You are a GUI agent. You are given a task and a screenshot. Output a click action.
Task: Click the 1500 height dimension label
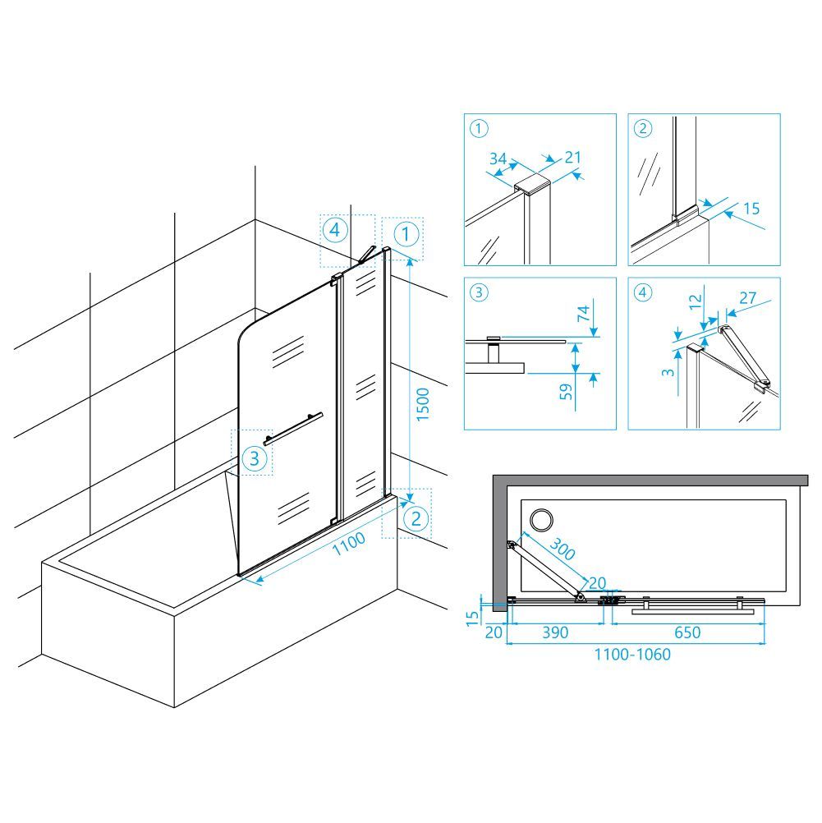click(423, 404)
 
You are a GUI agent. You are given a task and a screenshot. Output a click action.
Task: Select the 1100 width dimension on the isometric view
click(349, 543)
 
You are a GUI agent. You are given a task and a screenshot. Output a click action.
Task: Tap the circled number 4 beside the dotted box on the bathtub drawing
click(335, 230)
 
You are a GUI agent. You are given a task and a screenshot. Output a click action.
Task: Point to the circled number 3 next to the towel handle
click(254, 458)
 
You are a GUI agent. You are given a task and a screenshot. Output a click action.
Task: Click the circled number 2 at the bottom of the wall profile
click(416, 518)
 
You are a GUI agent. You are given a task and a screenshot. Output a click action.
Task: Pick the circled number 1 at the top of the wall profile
click(406, 235)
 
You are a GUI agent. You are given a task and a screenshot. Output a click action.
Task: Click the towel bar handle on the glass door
click(293, 430)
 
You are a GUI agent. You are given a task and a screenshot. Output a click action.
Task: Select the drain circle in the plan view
click(540, 520)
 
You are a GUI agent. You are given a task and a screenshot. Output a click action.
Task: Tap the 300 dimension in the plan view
click(563, 549)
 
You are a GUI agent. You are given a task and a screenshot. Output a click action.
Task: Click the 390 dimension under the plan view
click(555, 632)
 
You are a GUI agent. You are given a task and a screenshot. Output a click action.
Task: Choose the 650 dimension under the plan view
click(687, 632)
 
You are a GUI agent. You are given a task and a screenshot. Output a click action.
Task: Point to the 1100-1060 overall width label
click(632, 655)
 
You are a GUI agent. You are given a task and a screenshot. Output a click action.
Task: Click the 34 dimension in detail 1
click(498, 158)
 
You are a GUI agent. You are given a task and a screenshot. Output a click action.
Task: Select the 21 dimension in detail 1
click(572, 157)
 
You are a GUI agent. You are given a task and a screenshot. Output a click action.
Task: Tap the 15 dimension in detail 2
click(751, 209)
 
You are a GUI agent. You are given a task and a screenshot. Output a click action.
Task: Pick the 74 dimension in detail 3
click(584, 314)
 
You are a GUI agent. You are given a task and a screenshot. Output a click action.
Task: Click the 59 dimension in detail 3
click(566, 392)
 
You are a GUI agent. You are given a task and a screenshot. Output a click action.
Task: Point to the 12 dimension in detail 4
click(695, 301)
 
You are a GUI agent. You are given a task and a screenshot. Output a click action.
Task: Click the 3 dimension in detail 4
click(668, 372)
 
